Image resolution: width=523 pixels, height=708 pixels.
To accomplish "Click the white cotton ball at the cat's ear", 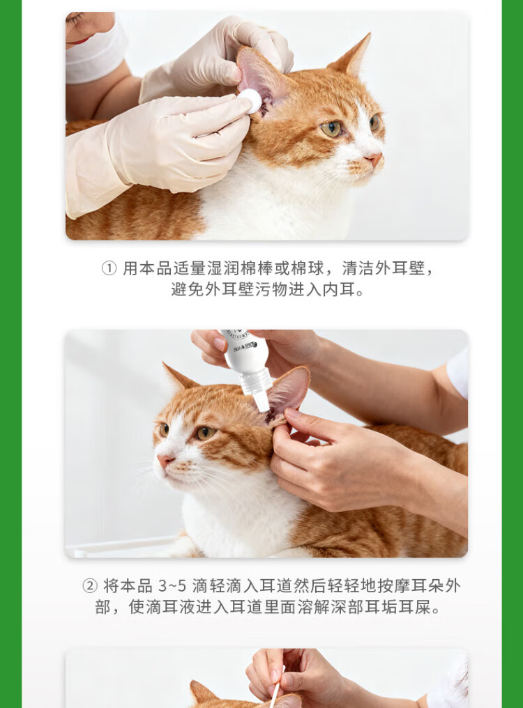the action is click(x=250, y=100).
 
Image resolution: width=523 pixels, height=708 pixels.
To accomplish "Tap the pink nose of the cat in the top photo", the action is click(x=374, y=159).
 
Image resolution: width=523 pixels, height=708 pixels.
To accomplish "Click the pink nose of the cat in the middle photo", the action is click(x=165, y=460).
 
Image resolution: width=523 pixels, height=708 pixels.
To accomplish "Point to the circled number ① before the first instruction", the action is click(x=109, y=268).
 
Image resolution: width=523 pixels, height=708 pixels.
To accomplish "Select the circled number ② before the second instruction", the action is click(x=90, y=586).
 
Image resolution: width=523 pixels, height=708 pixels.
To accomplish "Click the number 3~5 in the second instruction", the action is click(x=172, y=586).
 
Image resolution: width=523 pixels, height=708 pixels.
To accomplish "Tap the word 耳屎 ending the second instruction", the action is click(x=414, y=608).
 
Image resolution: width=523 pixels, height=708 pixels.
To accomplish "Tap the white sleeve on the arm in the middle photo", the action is click(x=457, y=373).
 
